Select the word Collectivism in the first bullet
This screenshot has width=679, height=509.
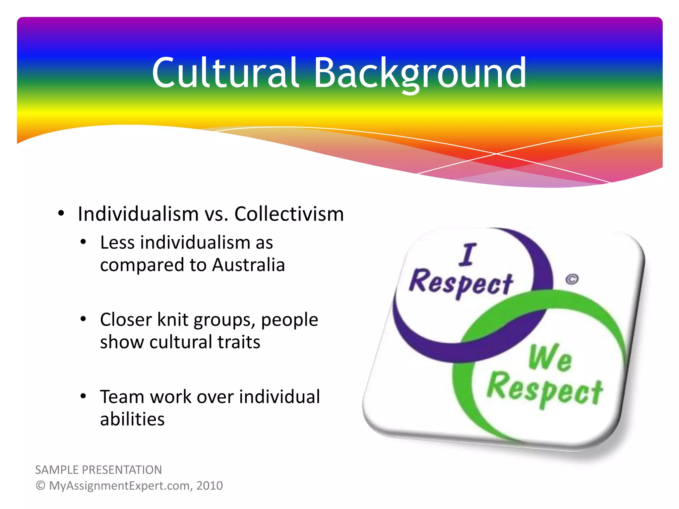pyautogui.click(x=289, y=214)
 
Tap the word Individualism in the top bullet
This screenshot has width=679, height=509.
pyautogui.click(x=138, y=214)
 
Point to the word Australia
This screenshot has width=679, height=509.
pyautogui.click(x=249, y=265)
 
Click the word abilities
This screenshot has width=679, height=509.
pyautogui.click(x=132, y=419)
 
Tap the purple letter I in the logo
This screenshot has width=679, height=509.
pyautogui.click(x=468, y=254)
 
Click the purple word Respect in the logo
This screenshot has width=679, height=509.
pyautogui.click(x=461, y=284)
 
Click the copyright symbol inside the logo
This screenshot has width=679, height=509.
pyautogui.click(x=572, y=279)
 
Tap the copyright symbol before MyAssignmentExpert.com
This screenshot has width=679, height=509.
pyautogui.click(x=40, y=486)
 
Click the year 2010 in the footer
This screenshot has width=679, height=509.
pyautogui.click(x=210, y=486)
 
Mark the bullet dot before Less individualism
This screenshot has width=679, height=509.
pyautogui.click(x=83, y=242)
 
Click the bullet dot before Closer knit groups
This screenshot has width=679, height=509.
pyautogui.click(x=83, y=319)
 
